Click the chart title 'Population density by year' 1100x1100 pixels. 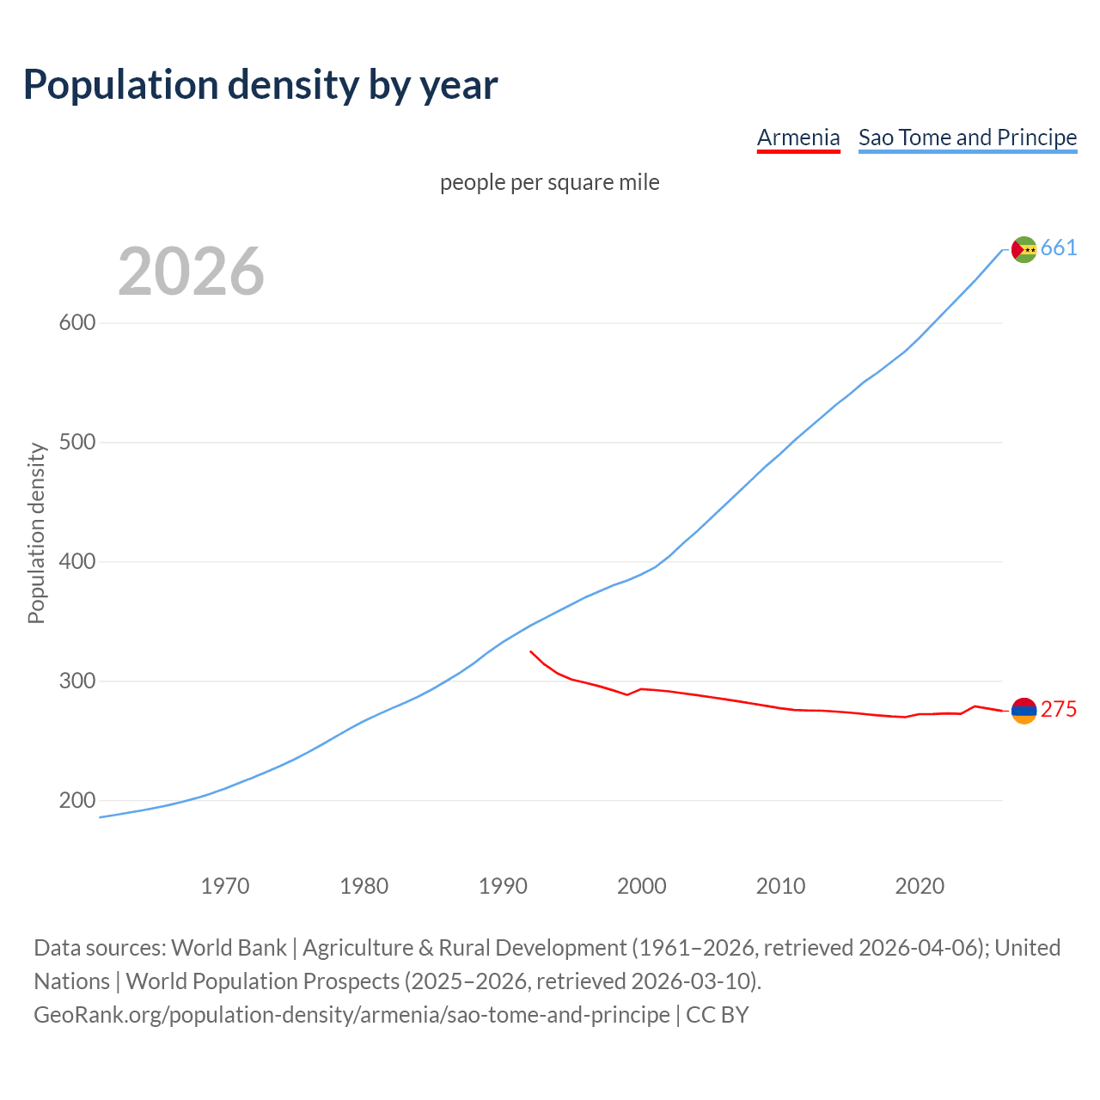(260, 84)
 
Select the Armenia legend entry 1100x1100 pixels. (798, 137)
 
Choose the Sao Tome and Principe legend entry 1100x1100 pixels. (968, 137)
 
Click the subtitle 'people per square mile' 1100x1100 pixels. (550, 182)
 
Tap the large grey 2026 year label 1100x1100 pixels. (191, 272)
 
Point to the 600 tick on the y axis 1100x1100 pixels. (77, 323)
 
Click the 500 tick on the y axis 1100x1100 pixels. (77, 443)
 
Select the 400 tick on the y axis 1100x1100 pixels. (77, 562)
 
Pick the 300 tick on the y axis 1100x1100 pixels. (77, 681)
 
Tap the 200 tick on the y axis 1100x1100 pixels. (77, 801)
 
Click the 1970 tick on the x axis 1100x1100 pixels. (225, 885)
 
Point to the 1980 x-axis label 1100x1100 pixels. (364, 885)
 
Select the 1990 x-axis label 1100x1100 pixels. (503, 885)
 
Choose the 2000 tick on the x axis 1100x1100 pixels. (642, 885)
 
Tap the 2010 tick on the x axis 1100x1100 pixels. (780, 885)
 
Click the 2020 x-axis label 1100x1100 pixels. (920, 885)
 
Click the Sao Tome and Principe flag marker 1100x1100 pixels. (1024, 249)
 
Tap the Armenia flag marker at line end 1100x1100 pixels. (1024, 711)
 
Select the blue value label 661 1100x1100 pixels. (1059, 248)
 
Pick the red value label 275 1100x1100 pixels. (1059, 710)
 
